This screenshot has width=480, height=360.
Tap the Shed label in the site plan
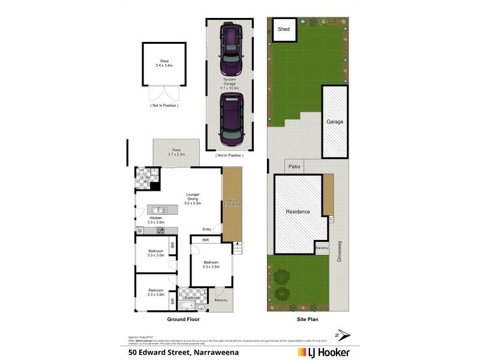point(283,29)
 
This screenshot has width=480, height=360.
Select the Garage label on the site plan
point(335,122)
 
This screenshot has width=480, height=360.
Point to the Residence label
point(298,212)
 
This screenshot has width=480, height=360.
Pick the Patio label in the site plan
point(294,167)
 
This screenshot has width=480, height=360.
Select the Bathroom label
point(192,298)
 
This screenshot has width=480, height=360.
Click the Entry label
point(206,229)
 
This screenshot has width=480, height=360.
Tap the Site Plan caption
point(307,320)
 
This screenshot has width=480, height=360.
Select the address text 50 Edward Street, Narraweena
point(184,352)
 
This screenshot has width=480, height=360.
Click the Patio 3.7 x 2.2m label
point(176,152)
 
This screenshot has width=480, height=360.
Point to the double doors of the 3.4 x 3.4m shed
point(163,93)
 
